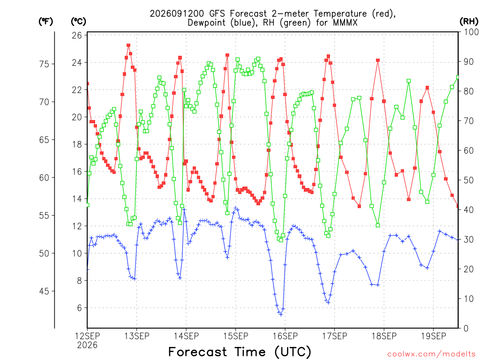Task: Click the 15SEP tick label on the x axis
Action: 235,336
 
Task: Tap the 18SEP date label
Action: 384,336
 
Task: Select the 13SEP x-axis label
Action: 136,336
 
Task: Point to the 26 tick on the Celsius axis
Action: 77,36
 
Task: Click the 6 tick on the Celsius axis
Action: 79,308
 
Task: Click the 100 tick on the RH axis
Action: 472,32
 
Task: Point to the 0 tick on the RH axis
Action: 466,329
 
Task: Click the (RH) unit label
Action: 469,21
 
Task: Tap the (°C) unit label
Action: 78,21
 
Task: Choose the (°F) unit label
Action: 45,21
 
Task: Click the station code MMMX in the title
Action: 345,22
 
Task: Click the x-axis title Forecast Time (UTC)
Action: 240,352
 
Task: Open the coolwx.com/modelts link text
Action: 431,354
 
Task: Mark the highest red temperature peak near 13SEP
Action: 128,45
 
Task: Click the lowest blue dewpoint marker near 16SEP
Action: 281,315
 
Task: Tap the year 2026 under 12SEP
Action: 87,345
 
